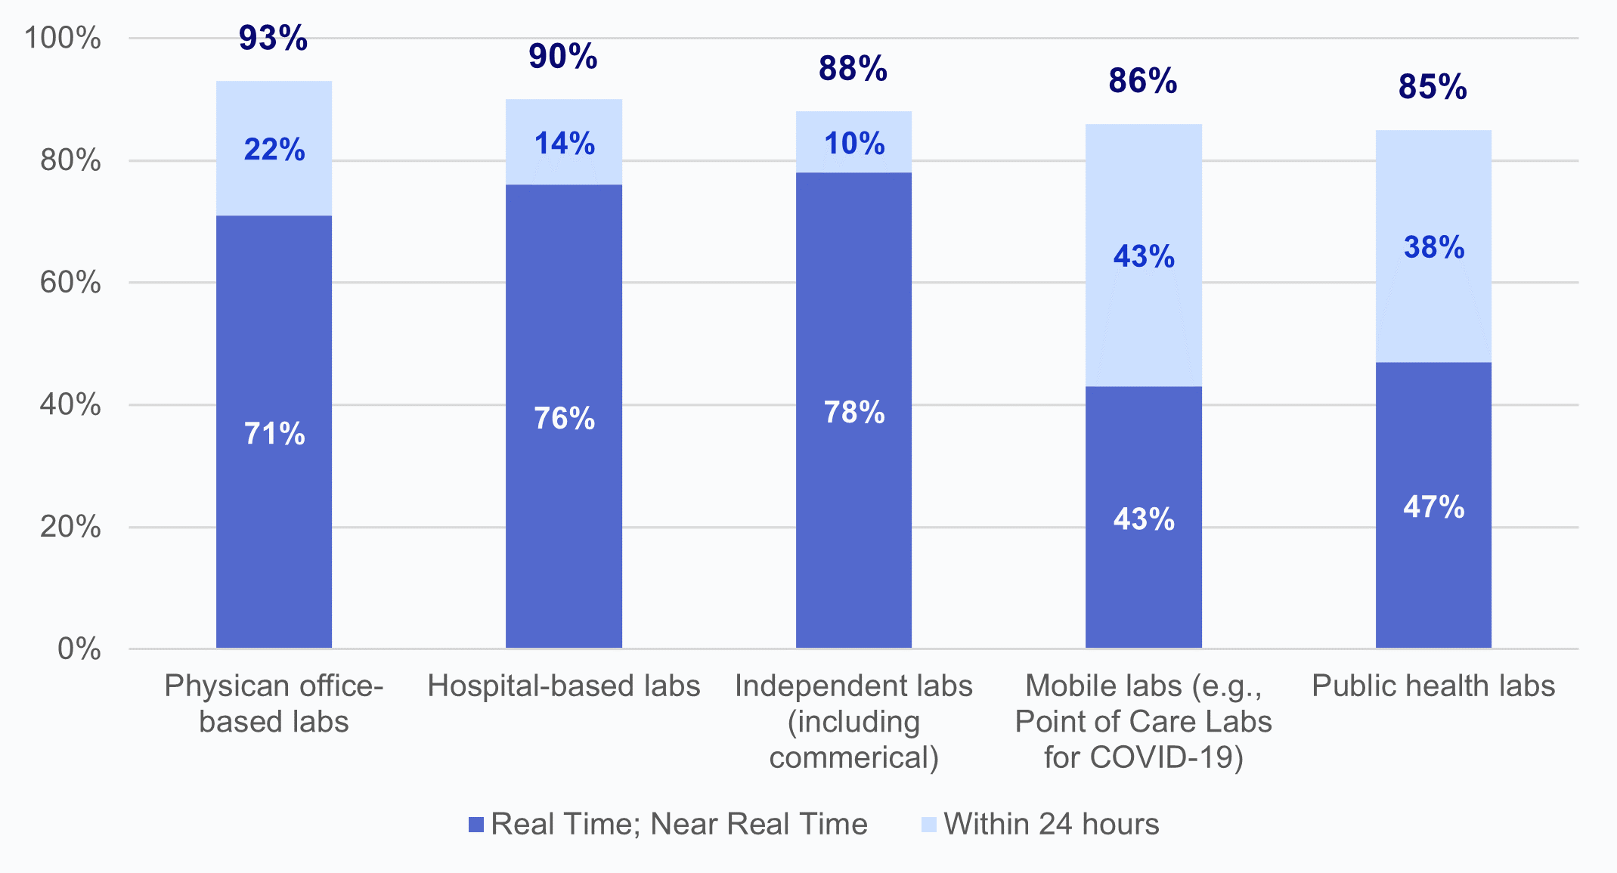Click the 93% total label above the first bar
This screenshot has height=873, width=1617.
[273, 38]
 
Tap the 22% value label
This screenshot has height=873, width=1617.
[274, 149]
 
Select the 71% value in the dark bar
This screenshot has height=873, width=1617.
[274, 434]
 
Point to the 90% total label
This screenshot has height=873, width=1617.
[563, 57]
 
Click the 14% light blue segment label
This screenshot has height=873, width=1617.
[565, 143]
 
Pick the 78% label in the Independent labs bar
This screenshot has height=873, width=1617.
[854, 412]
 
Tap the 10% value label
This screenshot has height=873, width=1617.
[854, 143]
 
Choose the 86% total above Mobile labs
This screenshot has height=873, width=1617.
[1143, 81]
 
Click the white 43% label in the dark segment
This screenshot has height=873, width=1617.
[1144, 519]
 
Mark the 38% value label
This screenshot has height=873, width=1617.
[1434, 247]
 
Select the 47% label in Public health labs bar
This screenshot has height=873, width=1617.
[1434, 506]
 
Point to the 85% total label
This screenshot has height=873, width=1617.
[1433, 87]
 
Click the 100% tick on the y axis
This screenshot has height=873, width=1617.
[63, 38]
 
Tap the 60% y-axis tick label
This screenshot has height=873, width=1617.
[70, 283]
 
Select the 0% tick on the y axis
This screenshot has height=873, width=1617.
[79, 649]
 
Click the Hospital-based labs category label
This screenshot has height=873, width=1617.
[564, 686]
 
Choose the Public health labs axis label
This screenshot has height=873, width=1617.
[1433, 686]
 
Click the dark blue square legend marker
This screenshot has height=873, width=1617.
[476, 825]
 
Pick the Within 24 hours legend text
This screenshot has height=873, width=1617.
[1052, 824]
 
